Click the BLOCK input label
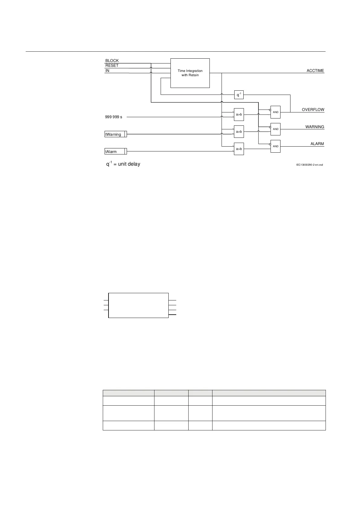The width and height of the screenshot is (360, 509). click(112, 61)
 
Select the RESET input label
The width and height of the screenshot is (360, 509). click(112, 66)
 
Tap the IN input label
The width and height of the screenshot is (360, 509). click(107, 71)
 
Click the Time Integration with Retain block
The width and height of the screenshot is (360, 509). click(190, 73)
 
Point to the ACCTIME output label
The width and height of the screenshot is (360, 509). click(315, 71)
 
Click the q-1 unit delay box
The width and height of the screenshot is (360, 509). click(239, 95)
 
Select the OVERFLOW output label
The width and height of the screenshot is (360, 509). click(313, 110)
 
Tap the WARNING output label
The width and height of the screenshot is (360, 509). click(315, 127)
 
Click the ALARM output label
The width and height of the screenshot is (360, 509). click(317, 144)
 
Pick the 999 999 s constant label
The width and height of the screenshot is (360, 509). click(114, 117)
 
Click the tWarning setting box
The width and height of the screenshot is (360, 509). click(116, 135)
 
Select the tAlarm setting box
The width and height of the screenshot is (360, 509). click(116, 151)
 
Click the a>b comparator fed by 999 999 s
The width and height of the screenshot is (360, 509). click(239, 115)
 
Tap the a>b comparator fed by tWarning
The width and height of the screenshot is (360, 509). click(239, 132)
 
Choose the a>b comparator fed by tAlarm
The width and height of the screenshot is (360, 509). click(239, 149)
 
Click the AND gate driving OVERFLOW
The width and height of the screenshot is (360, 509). click(276, 112)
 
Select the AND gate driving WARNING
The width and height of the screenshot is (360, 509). click(276, 129)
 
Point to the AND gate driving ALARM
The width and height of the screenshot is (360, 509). click(276, 146)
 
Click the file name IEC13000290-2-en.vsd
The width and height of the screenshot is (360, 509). click(309, 165)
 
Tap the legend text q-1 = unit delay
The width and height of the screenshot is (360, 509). click(123, 164)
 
